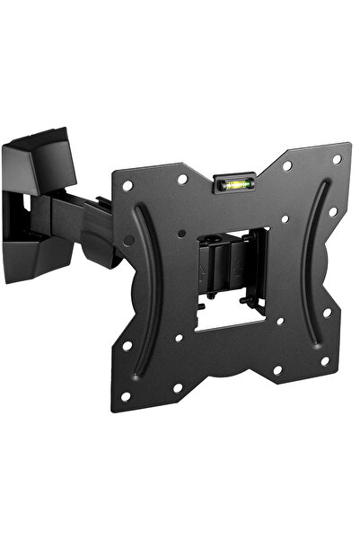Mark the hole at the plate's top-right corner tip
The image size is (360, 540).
pos(337,159)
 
